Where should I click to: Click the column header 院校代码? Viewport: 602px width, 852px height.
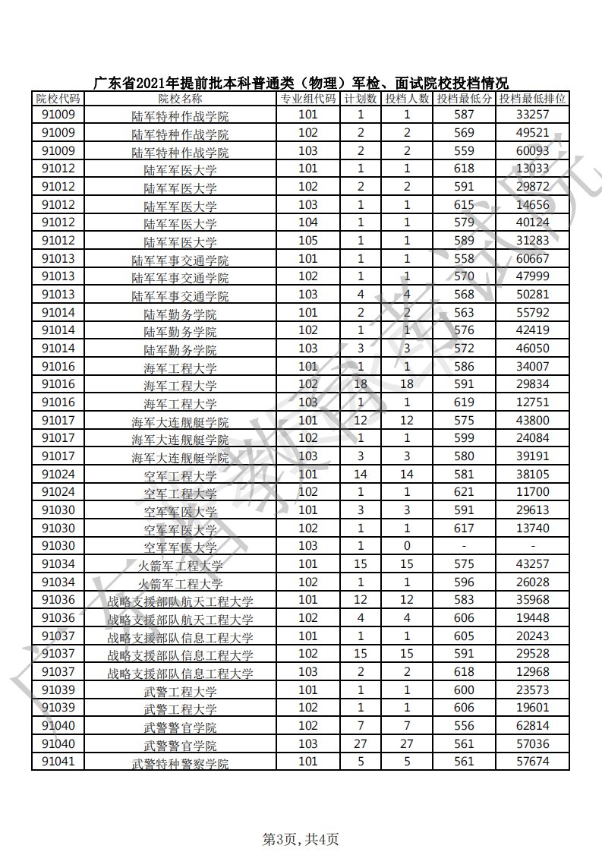click(58, 99)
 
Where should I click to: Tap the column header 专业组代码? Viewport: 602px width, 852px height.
click(307, 99)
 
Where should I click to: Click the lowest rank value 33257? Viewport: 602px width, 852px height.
click(532, 115)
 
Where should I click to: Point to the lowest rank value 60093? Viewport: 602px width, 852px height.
click(532, 151)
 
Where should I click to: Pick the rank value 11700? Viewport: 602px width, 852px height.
click(532, 493)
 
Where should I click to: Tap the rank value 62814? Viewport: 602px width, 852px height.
click(532, 726)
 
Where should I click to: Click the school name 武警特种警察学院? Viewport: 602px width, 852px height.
click(180, 763)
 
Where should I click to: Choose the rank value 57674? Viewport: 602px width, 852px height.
click(532, 762)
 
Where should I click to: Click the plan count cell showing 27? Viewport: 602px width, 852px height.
click(361, 744)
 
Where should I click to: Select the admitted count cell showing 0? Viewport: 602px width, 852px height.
click(407, 547)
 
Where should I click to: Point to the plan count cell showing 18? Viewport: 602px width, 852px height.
click(361, 384)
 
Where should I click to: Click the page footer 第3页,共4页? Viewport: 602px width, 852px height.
click(301, 838)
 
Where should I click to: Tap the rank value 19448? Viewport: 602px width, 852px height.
click(532, 618)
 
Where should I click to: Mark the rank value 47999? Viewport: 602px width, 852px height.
click(532, 277)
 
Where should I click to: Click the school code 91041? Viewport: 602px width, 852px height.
click(58, 762)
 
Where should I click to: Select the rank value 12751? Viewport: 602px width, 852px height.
click(532, 402)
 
